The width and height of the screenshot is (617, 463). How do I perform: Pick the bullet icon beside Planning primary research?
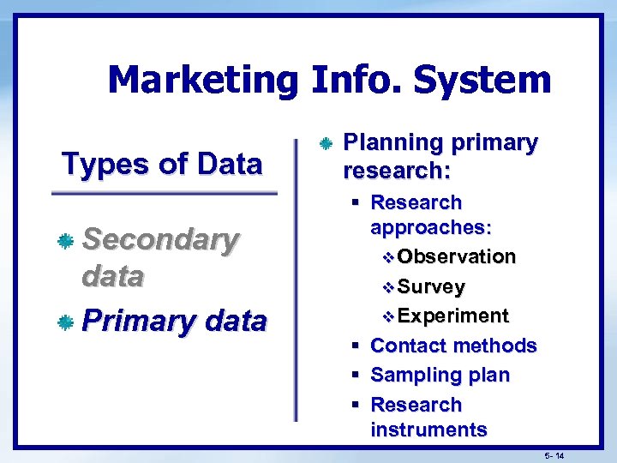click(325, 143)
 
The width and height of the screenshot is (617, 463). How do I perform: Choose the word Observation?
click(457, 256)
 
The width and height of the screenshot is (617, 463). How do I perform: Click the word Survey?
click(432, 286)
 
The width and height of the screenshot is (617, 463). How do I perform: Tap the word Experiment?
click(453, 316)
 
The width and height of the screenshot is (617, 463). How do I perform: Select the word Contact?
click(408, 346)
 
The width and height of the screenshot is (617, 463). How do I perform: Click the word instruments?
click(428, 430)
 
